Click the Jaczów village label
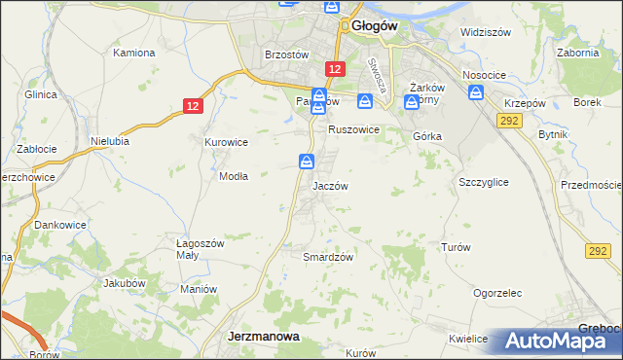coord(330,185)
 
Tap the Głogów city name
coord(375,27)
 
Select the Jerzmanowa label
coord(263,336)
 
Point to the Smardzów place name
coord(327,257)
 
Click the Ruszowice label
coord(352,129)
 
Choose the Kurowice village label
coord(226,142)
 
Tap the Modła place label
coord(234,176)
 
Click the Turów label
coord(456,247)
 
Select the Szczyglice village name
coord(483,182)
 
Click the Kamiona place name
coord(134,52)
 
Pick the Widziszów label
coord(486,32)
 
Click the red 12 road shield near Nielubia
coord(194,106)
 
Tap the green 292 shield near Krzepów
coord(506,120)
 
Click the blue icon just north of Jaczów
coord(306,162)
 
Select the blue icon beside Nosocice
coord(476,92)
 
